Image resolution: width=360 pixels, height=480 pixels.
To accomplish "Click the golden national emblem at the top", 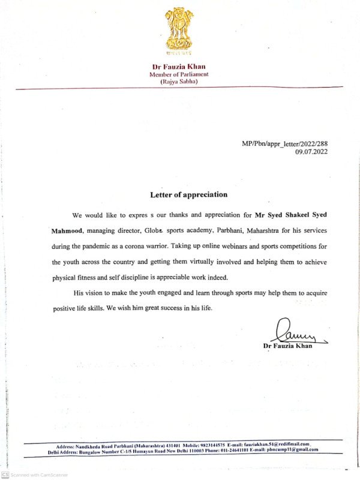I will (x=179, y=29).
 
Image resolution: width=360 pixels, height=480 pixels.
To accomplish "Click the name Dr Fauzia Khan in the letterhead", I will (x=179, y=66).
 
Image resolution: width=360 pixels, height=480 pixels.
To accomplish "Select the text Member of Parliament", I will (x=179, y=74).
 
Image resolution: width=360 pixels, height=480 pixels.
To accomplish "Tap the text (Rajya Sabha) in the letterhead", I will (x=179, y=81).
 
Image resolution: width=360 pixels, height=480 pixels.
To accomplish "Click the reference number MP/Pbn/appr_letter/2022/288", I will (x=284, y=143).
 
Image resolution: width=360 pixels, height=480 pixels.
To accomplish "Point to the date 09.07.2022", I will (x=311, y=152).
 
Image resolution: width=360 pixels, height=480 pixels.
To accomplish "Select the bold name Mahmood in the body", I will (x=67, y=230).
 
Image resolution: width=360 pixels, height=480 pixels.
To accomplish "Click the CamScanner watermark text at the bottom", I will (x=39, y=475).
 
